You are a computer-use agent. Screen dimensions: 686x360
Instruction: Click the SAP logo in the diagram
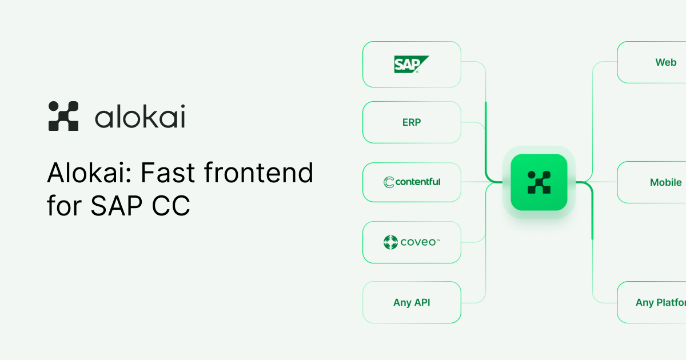pyautogui.click(x=411, y=64)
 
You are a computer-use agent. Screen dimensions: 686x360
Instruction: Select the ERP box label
pyautogui.click(x=412, y=122)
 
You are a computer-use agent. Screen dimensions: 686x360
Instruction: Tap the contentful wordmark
pyautogui.click(x=418, y=182)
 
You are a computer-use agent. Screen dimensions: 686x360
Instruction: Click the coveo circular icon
pyautogui.click(x=390, y=242)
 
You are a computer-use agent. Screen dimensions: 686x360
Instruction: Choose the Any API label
pyautogui.click(x=412, y=302)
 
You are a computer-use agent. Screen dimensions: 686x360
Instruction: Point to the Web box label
pyautogui.click(x=666, y=62)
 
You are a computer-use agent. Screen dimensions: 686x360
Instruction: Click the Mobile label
pyautogui.click(x=666, y=182)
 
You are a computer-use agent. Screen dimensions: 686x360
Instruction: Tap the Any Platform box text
pyautogui.click(x=661, y=302)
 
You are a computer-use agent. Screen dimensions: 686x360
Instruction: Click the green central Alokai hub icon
pyautogui.click(x=539, y=182)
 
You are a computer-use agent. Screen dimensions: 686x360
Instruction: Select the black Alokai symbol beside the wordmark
pyautogui.click(x=63, y=116)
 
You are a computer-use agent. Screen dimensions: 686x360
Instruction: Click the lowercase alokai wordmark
pyautogui.click(x=140, y=116)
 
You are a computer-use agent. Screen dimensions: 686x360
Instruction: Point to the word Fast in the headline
pyautogui.click(x=167, y=173)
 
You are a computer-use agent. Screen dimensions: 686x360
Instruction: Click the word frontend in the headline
pyautogui.click(x=258, y=173)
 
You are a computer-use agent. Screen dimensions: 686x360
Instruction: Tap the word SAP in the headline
pyautogui.click(x=117, y=206)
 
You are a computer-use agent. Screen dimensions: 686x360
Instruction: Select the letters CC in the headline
pyautogui.click(x=171, y=206)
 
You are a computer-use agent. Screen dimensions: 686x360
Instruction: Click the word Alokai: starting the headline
pyautogui.click(x=89, y=173)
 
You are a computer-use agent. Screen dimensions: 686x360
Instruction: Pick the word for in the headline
pyautogui.click(x=64, y=205)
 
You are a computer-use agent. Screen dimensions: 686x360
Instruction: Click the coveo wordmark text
pyautogui.click(x=420, y=242)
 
